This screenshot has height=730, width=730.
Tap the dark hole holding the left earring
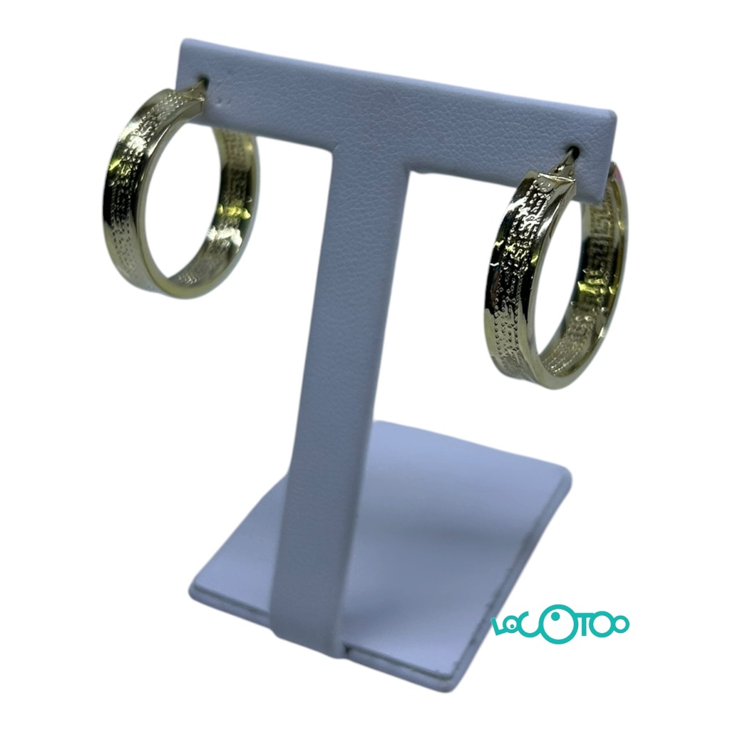[203, 83]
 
